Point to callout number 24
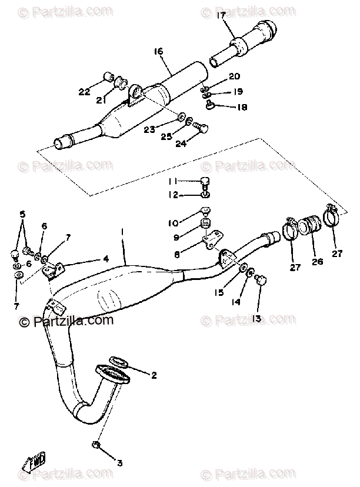[180, 143]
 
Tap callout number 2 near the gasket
[154, 375]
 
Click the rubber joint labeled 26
[310, 228]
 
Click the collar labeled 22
[108, 76]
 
